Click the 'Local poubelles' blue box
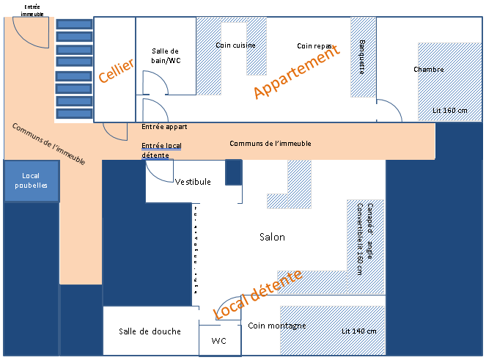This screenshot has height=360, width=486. pyautogui.click(x=31, y=180)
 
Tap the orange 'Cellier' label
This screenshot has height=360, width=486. pyautogui.click(x=116, y=70)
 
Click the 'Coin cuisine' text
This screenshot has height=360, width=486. pyautogui.click(x=236, y=45)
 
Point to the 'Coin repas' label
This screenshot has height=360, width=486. pyautogui.click(x=315, y=45)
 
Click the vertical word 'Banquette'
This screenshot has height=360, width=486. pyautogui.click(x=362, y=56)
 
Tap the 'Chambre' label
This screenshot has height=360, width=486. pyautogui.click(x=428, y=70)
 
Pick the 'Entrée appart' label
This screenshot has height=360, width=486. pyautogui.click(x=164, y=127)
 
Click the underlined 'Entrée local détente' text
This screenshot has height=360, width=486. pyautogui.click(x=161, y=150)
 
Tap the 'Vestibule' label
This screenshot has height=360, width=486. pyautogui.click(x=194, y=182)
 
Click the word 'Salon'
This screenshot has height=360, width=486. pyautogui.click(x=272, y=237)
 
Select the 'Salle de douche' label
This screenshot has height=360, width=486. pyautogui.click(x=150, y=331)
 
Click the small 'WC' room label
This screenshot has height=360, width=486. pyautogui.click(x=219, y=341)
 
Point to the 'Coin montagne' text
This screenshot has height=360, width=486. pyautogui.click(x=276, y=326)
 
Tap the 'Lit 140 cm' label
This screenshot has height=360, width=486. pyautogui.click(x=359, y=331)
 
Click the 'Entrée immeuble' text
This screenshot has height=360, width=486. pyautogui.click(x=32, y=10)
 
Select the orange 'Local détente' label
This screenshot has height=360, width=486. pyautogui.click(x=257, y=295)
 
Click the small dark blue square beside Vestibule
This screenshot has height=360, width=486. pyautogui.click(x=233, y=172)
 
